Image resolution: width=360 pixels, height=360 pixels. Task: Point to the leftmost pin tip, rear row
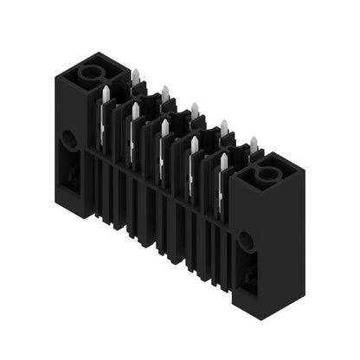click(135, 76)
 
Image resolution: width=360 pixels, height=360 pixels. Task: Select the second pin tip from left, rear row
click(164, 92)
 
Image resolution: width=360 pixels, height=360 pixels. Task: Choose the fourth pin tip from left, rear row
click(224, 127)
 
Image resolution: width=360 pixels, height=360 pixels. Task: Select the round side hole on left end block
click(67, 138)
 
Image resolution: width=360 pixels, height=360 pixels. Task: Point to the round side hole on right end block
click(246, 241)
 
